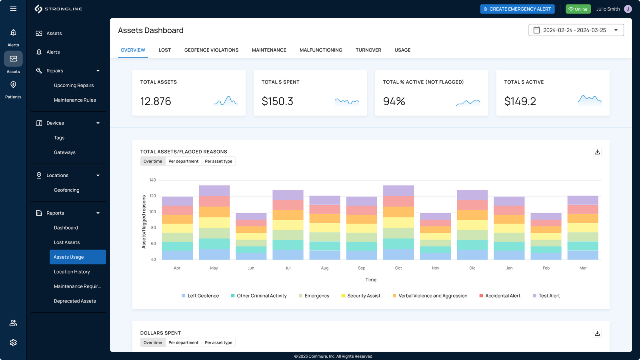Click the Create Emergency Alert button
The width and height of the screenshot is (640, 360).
coord(517,9)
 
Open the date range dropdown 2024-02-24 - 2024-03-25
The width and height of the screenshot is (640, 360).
coord(576,30)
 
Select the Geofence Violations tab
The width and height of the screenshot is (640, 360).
coord(211,50)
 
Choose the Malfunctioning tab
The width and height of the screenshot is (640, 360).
coord(321,50)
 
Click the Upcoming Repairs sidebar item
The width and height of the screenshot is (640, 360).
coord(74,85)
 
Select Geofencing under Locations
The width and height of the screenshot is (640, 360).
coord(66,190)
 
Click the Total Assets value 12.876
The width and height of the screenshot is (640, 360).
coord(156,101)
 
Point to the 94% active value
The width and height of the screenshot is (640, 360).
coord(394,101)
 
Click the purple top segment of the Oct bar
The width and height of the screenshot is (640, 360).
coord(398,190)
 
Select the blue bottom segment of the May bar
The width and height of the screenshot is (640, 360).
coord(214,254)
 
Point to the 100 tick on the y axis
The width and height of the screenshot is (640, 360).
coord(153,212)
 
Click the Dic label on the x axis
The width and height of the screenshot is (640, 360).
coord(472,268)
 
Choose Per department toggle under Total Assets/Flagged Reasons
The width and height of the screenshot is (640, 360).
coord(183,161)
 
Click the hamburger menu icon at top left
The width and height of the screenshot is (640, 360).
coord(13,9)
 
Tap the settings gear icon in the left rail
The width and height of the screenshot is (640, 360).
coord(13,343)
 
